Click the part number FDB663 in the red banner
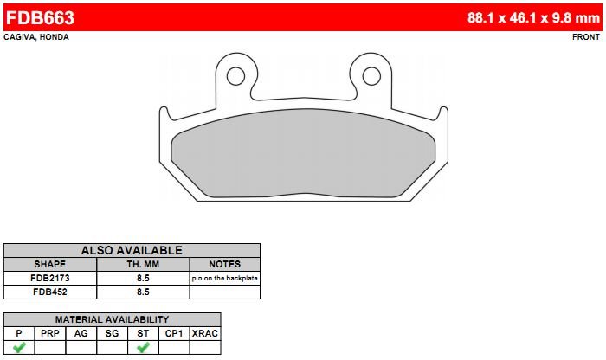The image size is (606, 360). pos(40,18)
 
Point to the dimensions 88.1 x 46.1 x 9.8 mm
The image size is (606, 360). pos(533,17)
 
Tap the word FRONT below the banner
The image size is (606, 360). pos(586,37)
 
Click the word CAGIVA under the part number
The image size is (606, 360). pos(19,37)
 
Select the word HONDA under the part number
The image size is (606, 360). pos(54,37)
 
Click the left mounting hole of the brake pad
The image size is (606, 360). pos(235,76)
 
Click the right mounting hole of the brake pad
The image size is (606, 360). pos(371,76)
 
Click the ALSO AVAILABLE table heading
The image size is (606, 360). pos(132,250)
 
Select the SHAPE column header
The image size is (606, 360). pos(50,264)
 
